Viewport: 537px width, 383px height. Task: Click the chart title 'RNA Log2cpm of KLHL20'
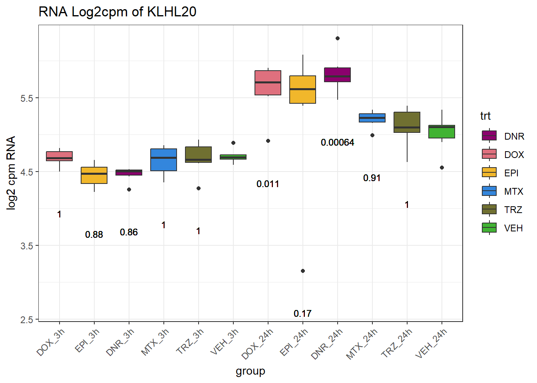pyautogui.click(x=117, y=12)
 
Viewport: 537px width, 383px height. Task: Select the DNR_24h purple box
pyautogui.click(x=337, y=75)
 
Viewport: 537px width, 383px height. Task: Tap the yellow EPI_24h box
pyautogui.click(x=302, y=89)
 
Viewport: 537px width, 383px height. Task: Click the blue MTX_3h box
pyautogui.click(x=163, y=160)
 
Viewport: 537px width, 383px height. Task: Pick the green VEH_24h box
pyautogui.click(x=442, y=132)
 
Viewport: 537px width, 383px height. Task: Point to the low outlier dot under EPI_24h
pyautogui.click(x=303, y=271)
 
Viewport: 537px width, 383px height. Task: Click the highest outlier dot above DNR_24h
pyautogui.click(x=338, y=38)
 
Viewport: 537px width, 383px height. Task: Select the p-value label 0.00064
pyautogui.click(x=337, y=142)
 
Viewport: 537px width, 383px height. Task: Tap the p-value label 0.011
pyautogui.click(x=268, y=184)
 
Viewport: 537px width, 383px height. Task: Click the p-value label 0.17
pyautogui.click(x=302, y=314)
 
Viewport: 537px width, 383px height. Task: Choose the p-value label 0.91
pyautogui.click(x=372, y=178)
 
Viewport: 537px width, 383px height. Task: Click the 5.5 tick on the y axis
pyautogui.click(x=27, y=98)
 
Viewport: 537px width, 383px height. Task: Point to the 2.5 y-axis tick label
pyautogui.click(x=27, y=320)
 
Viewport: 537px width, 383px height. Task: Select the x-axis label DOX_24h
pyautogui.click(x=258, y=343)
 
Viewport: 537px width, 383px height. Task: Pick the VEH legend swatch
pyautogui.click(x=489, y=228)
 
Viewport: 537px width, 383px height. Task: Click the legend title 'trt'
pyautogui.click(x=485, y=116)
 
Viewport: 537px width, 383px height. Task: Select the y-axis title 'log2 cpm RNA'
pyautogui.click(x=11, y=172)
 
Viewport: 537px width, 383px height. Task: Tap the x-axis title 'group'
pyautogui.click(x=251, y=371)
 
